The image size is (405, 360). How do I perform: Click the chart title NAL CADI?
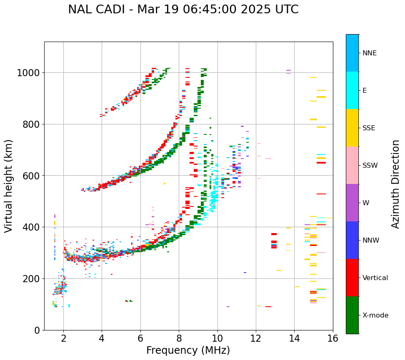coord(183,10)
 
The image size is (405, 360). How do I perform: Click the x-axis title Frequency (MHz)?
coord(188,350)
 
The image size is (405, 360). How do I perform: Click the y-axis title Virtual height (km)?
coord(9,186)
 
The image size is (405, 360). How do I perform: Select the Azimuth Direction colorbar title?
coord(395,184)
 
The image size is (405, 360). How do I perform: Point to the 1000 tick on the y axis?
coord(28,73)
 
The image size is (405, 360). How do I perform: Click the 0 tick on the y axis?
coord(37,330)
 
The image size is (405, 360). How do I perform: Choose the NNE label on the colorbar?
coord(370,53)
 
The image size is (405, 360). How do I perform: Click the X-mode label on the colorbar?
coord(375,315)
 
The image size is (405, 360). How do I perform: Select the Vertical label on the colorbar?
coord(375,278)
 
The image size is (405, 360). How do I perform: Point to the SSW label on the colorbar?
coord(370,166)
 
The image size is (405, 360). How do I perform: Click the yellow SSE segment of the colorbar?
coord(352,128)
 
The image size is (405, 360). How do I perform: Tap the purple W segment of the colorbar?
coord(352,203)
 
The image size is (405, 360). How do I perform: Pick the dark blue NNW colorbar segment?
coord(352,240)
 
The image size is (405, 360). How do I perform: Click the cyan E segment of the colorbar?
coord(352,90)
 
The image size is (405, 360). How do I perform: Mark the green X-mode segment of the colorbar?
coord(352,315)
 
